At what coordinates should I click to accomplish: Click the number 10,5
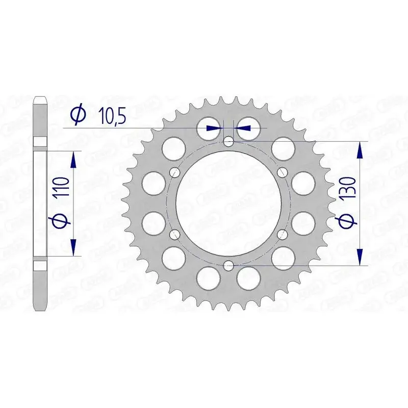click(x=112, y=116)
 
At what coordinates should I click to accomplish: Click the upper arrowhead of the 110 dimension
click(x=74, y=159)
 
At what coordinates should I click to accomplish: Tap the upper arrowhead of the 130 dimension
click(x=361, y=150)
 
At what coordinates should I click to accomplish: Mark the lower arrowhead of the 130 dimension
click(x=361, y=256)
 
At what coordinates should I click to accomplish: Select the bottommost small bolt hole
click(x=228, y=265)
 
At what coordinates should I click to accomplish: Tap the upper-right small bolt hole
click(x=282, y=172)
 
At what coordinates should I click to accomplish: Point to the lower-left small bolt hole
click(x=175, y=234)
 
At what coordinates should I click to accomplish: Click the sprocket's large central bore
click(x=228, y=203)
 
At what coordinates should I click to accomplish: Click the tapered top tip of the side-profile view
click(x=40, y=98)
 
